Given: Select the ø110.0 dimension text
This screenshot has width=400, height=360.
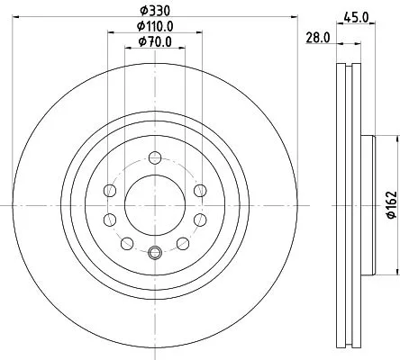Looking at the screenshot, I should (x=154, y=26).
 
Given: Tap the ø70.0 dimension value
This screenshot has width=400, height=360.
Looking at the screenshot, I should (x=154, y=41).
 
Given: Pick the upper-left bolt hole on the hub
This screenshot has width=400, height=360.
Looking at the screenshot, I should (x=110, y=189).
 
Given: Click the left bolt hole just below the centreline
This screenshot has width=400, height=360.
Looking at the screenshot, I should (x=110, y=219).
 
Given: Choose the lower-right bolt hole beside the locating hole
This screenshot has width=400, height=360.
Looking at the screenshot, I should (x=182, y=243).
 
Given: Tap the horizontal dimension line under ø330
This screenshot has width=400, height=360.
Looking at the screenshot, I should (x=90, y=20).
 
